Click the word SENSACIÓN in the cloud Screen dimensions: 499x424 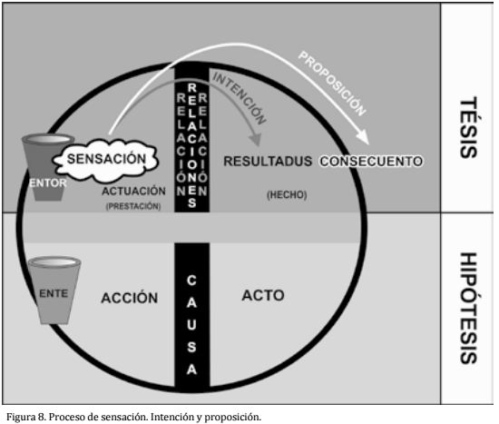pos(106,159)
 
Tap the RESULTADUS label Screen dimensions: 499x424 pos(268,162)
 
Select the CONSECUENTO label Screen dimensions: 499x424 pos(371,162)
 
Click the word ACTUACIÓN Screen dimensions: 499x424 pos(133,191)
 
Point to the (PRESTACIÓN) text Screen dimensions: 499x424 pos(133,206)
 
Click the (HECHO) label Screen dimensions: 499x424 pos(287,194)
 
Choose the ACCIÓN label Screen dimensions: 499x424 pos(130,298)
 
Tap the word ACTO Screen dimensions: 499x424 pos(263,295)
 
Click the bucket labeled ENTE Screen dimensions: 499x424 pos(54,290)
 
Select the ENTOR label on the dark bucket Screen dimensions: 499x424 pos(48,183)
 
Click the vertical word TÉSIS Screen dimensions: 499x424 pos(469,127)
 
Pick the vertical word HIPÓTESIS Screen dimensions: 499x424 pos(469,308)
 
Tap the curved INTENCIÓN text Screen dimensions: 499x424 pos(239,98)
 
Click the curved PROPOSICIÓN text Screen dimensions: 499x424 pos(332,84)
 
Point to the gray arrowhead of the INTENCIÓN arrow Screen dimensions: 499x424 pos(255,140)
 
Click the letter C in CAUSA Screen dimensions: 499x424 pos(191,281)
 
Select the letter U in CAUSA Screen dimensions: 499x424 pos(191,325)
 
